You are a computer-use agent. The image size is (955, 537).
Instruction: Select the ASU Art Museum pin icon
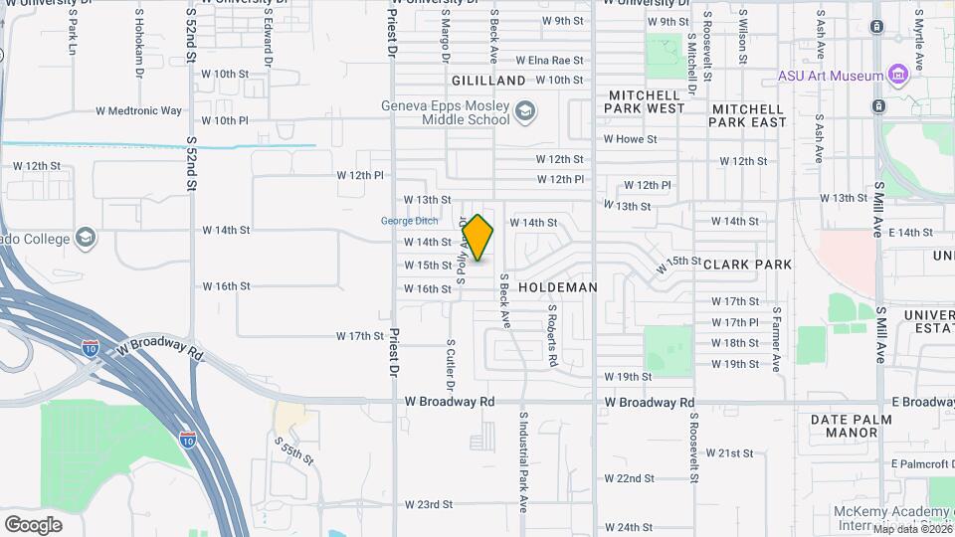898,76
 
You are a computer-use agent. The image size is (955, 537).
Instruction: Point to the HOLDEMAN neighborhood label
558,287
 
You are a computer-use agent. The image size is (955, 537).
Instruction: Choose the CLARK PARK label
747,265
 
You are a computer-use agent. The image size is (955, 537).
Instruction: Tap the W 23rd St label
429,505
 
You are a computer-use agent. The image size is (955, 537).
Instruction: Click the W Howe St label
631,139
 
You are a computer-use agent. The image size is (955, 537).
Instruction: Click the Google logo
33,524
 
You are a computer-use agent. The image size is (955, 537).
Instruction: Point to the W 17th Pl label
735,322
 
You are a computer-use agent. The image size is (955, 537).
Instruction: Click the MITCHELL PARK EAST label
748,114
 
